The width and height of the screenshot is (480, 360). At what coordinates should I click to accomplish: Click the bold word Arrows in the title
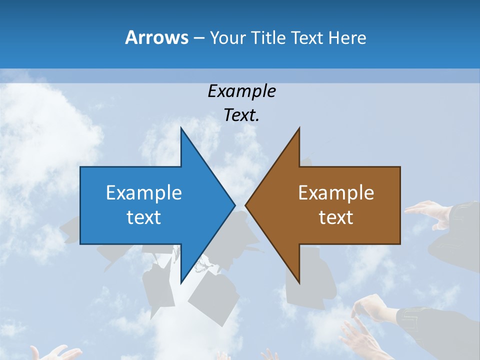point(157,37)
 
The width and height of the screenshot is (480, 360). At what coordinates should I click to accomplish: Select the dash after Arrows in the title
point(198,38)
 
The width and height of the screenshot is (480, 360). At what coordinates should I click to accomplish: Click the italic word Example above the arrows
point(241,91)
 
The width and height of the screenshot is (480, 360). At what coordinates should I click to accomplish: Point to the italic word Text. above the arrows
point(241,115)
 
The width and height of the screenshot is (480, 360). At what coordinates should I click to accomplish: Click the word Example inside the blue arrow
point(144,192)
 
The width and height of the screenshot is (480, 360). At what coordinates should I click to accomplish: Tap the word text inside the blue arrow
point(144,217)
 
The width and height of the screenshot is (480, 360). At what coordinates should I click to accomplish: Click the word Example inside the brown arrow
point(336,192)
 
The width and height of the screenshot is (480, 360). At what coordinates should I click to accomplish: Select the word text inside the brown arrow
point(336,217)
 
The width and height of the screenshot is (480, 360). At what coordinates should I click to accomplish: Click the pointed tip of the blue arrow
point(234,205)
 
